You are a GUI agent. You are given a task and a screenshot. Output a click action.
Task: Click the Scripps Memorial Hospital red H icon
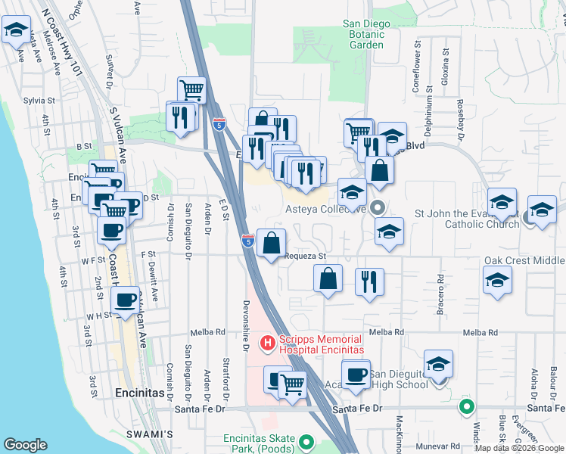[267, 344]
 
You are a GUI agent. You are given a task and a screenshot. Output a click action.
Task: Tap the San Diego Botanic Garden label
[366, 34]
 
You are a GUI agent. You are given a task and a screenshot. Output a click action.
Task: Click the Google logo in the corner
[25, 445]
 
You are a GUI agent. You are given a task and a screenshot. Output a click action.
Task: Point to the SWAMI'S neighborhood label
[156, 434]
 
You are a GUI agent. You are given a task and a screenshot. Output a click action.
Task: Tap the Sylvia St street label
[39, 100]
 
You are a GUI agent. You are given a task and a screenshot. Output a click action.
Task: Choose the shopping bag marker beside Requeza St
[271, 244]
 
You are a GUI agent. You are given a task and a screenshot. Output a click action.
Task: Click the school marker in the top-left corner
[15, 31]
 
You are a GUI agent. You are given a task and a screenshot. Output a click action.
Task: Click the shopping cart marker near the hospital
[292, 384]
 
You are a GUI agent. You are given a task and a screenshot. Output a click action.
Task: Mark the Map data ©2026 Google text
[519, 448]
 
